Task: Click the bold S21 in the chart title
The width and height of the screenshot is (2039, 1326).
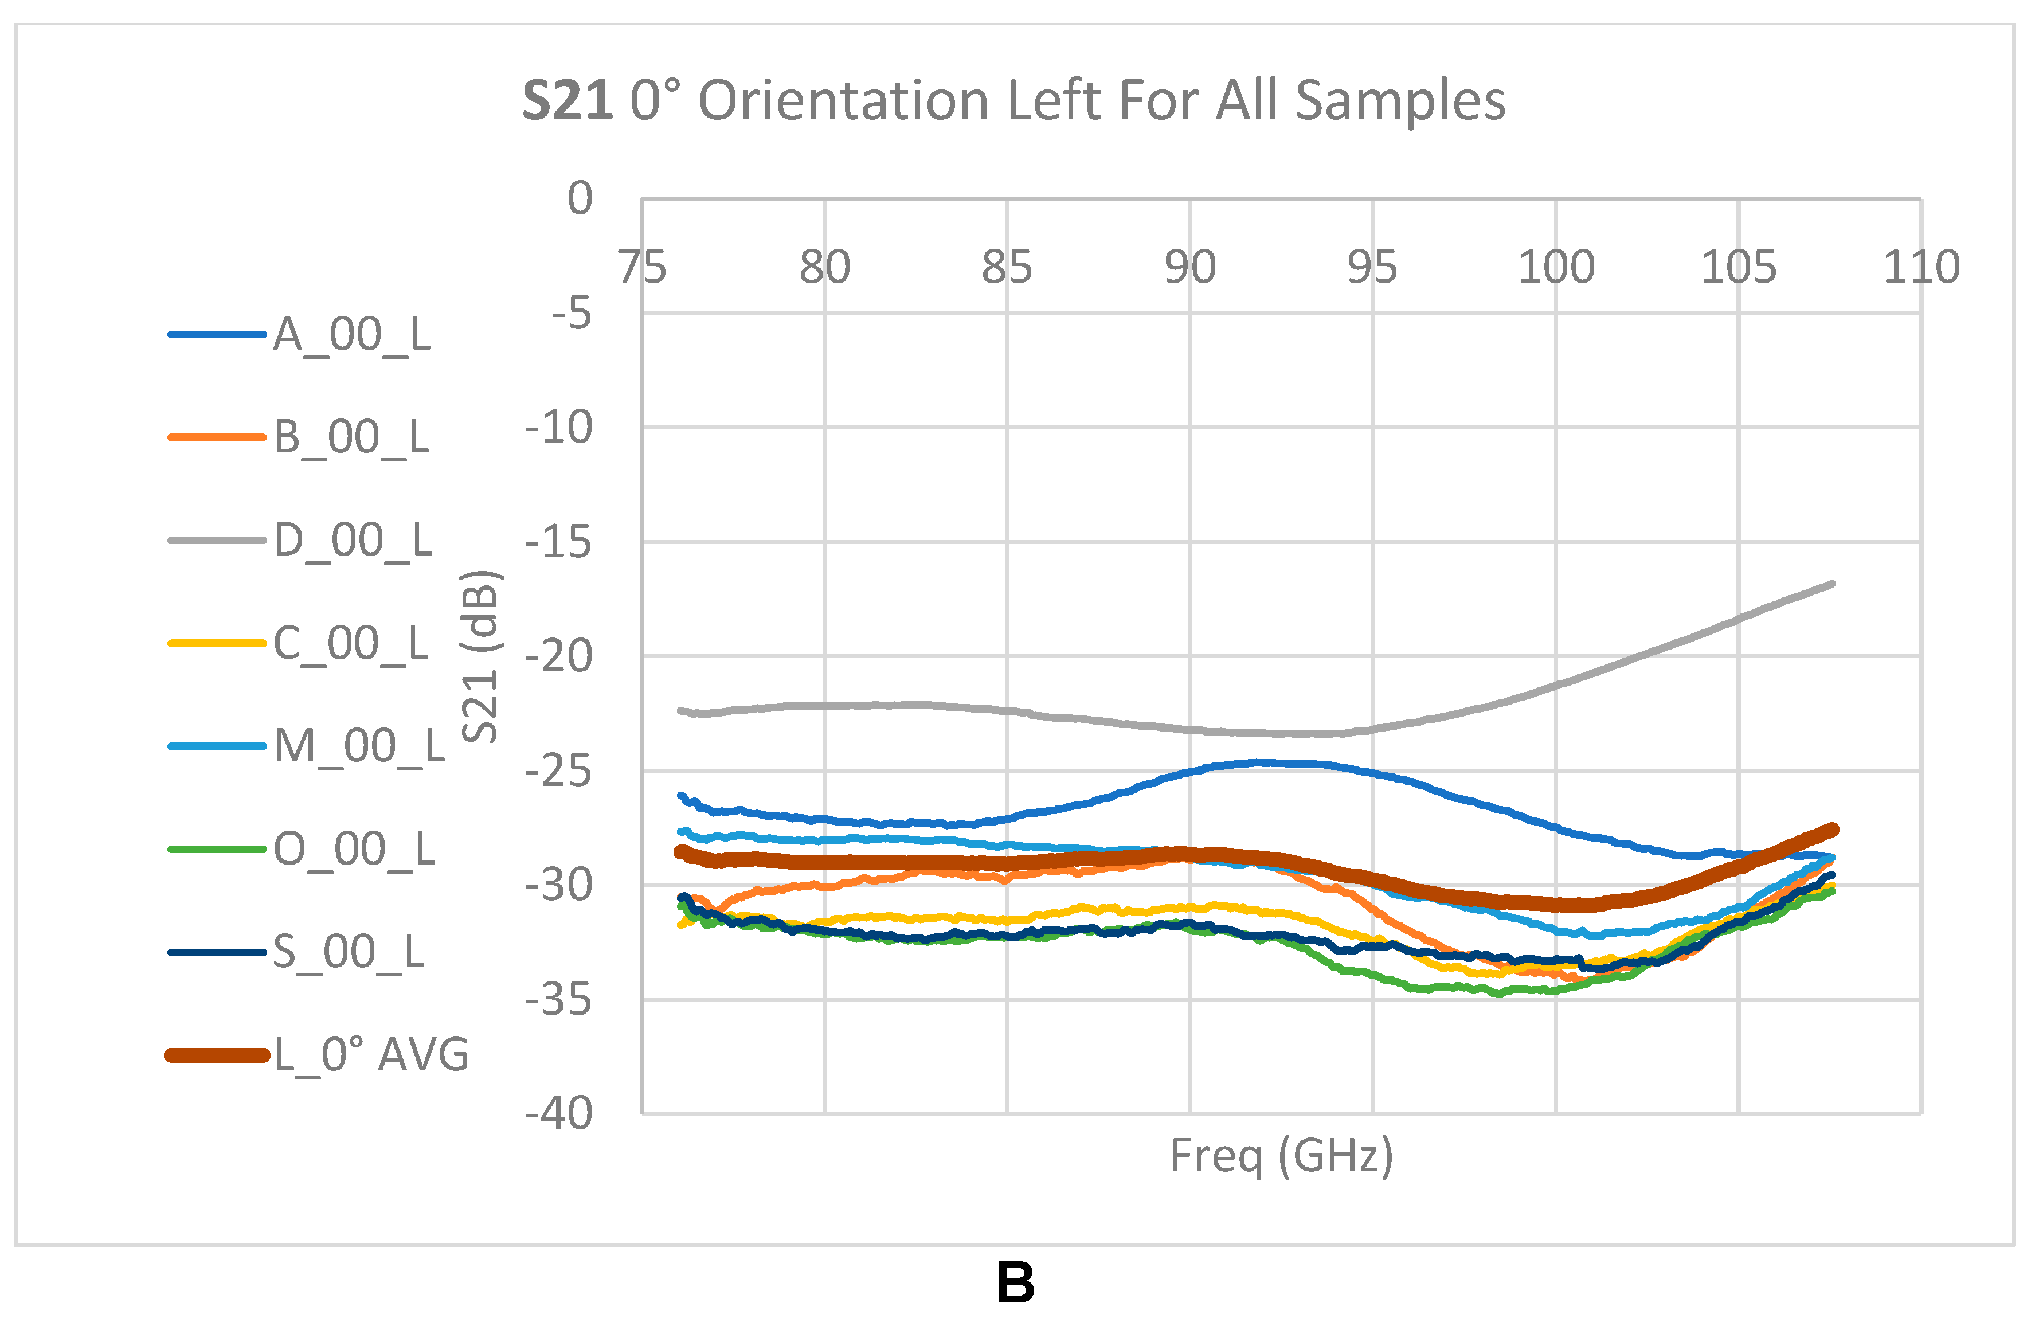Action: pyautogui.click(x=567, y=101)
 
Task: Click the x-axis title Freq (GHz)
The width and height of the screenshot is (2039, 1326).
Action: pyautogui.click(x=1282, y=1156)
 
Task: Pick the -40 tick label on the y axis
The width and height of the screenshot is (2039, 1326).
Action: pyautogui.click(x=558, y=1113)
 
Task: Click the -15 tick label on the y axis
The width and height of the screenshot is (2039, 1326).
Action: pyautogui.click(x=558, y=542)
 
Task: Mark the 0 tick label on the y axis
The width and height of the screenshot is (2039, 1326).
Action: pyautogui.click(x=580, y=199)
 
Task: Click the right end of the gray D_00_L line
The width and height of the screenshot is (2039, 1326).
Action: pyautogui.click(x=1831, y=584)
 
